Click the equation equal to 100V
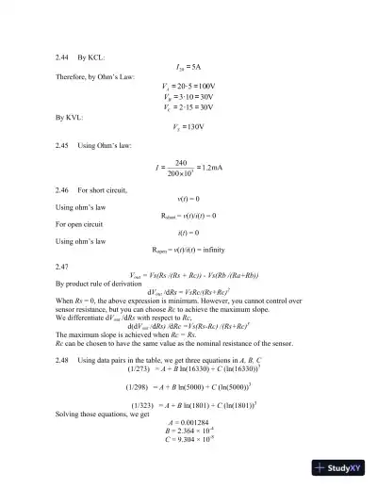point(188,86)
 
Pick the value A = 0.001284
point(188,420)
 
